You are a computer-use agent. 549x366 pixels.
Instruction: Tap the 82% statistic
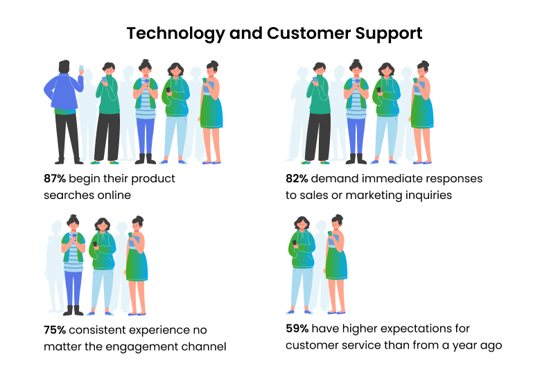click(x=297, y=179)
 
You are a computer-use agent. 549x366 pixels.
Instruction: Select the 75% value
click(x=55, y=330)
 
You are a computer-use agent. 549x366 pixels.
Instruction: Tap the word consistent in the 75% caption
click(x=98, y=330)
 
